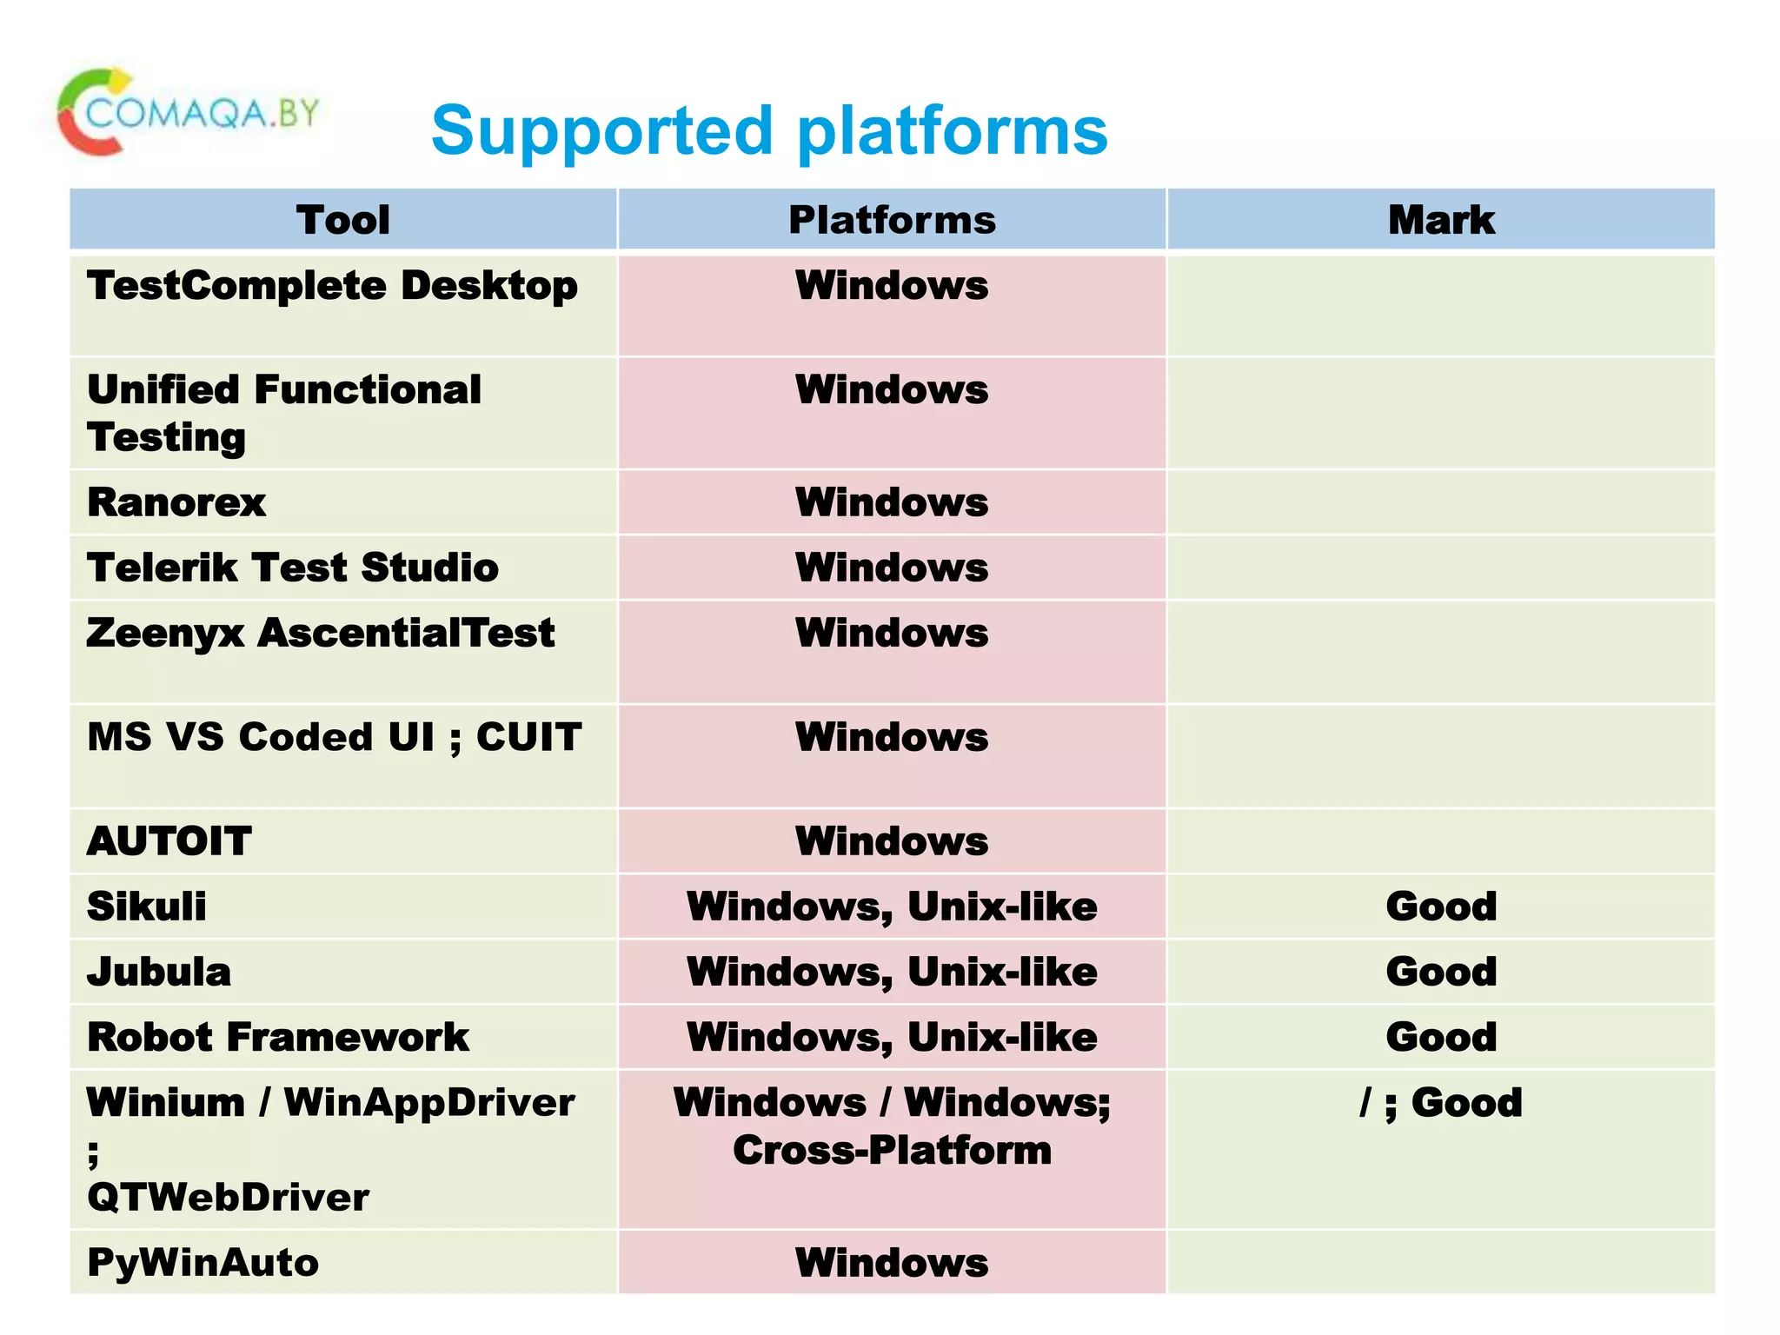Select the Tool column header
[x=342, y=220]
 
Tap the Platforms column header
[x=892, y=220]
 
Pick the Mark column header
[x=1440, y=220]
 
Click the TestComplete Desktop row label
[x=332, y=286]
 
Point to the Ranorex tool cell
[x=176, y=502]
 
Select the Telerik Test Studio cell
[x=293, y=568]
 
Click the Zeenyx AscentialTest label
[x=320, y=633]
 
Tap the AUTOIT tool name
[x=169, y=841]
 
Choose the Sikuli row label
[x=147, y=907]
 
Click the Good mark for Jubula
[x=1440, y=972]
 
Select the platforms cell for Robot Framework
[x=892, y=1037]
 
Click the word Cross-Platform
[x=892, y=1150]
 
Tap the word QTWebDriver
[x=228, y=1198]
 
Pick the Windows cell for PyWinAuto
[x=892, y=1263]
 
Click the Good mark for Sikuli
[x=1440, y=907]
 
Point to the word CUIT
[x=528, y=737]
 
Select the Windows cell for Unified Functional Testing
[x=892, y=389]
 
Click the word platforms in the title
[x=952, y=131]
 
